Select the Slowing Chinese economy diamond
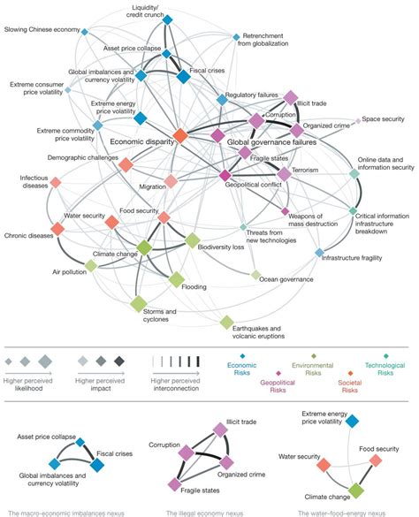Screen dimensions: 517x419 (x=85, y=32)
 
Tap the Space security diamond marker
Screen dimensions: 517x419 (x=358, y=120)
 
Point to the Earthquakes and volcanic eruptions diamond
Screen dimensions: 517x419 (x=226, y=323)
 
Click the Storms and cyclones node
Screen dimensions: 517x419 (x=138, y=304)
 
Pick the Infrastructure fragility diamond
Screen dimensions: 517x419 (x=320, y=254)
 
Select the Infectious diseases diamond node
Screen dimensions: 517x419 (x=56, y=183)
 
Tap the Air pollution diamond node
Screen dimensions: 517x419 (x=90, y=264)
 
